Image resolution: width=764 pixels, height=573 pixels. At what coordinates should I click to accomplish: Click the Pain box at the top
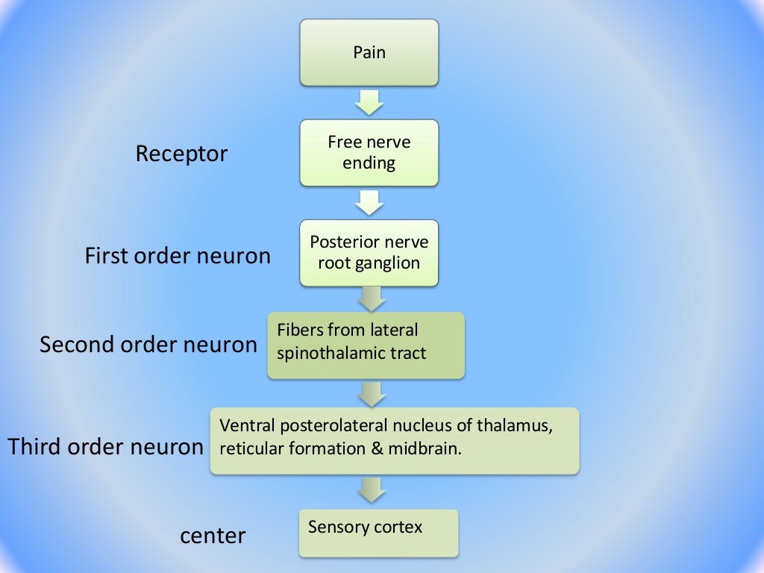coord(369,52)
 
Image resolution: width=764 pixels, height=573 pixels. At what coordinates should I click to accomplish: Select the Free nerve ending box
coord(369,152)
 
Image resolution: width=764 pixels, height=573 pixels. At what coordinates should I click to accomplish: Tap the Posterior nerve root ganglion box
coord(369,253)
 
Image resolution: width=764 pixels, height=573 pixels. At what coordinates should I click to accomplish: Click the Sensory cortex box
coord(378,533)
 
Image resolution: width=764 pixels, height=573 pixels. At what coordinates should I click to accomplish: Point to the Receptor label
coord(181,154)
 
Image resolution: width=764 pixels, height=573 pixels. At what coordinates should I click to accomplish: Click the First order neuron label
coord(178,256)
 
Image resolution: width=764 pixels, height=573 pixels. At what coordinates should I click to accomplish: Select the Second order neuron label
coord(148,345)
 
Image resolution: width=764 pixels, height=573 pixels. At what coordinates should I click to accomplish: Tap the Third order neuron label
coord(105,447)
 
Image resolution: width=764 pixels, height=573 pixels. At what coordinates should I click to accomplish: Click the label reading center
coord(213,536)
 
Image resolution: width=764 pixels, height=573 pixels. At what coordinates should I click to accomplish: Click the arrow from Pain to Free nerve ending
coord(369,102)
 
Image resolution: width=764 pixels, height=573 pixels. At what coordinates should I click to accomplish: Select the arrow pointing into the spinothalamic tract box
coord(371,298)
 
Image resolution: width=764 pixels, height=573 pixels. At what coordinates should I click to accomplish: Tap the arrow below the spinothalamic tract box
coord(371,393)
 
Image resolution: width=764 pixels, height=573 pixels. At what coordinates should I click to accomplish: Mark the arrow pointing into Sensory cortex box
coord(371,490)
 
